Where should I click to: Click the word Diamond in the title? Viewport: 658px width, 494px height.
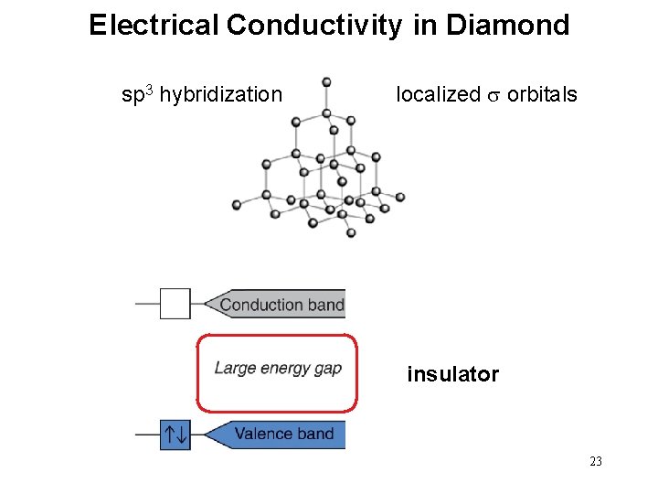tap(507, 25)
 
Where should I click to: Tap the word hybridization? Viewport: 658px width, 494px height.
tap(220, 94)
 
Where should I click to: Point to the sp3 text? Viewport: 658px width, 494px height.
tap(138, 93)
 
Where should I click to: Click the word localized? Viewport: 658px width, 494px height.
tap(438, 94)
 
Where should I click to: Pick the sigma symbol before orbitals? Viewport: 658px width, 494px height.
tap(493, 95)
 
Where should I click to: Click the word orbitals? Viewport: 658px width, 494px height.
tap(542, 94)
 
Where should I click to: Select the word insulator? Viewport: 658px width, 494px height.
tap(452, 374)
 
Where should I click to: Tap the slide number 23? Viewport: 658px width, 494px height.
tap(596, 462)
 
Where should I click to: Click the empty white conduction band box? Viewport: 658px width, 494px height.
tap(175, 304)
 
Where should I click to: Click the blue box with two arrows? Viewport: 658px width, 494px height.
tap(175, 434)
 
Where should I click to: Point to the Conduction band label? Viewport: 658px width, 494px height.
tap(281, 305)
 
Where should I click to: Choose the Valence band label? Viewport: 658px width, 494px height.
tap(283, 434)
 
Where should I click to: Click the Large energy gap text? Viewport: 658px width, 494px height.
tap(278, 369)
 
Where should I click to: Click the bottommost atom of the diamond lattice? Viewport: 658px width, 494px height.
tap(351, 233)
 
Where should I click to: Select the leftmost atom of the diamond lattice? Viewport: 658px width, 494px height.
tap(237, 204)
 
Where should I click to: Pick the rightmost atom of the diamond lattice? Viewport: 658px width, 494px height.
tap(399, 197)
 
